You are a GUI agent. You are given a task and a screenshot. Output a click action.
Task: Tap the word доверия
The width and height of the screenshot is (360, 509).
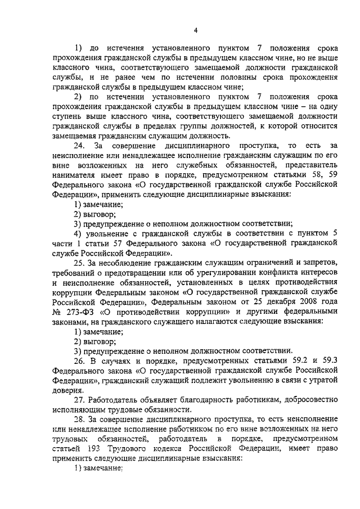67,390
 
